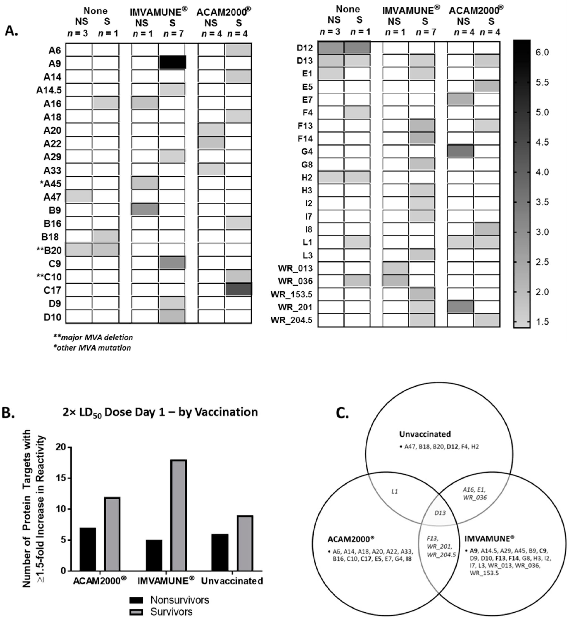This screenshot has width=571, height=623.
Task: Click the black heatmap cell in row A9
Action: [x=172, y=62]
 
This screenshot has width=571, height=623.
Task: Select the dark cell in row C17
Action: [x=238, y=289]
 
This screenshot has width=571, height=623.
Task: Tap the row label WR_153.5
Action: [x=291, y=294]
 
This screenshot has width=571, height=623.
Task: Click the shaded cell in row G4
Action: [x=460, y=151]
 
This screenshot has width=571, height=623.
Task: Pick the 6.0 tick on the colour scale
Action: [x=542, y=53]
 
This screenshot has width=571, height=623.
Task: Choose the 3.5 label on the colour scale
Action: [x=542, y=202]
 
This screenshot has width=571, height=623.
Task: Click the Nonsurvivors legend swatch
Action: [x=136, y=600]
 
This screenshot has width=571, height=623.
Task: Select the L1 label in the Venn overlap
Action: [x=395, y=491]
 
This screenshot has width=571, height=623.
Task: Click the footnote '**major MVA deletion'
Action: [x=93, y=337]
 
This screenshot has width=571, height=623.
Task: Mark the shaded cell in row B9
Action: [x=145, y=209]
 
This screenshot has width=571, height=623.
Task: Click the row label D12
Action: [x=304, y=48]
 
